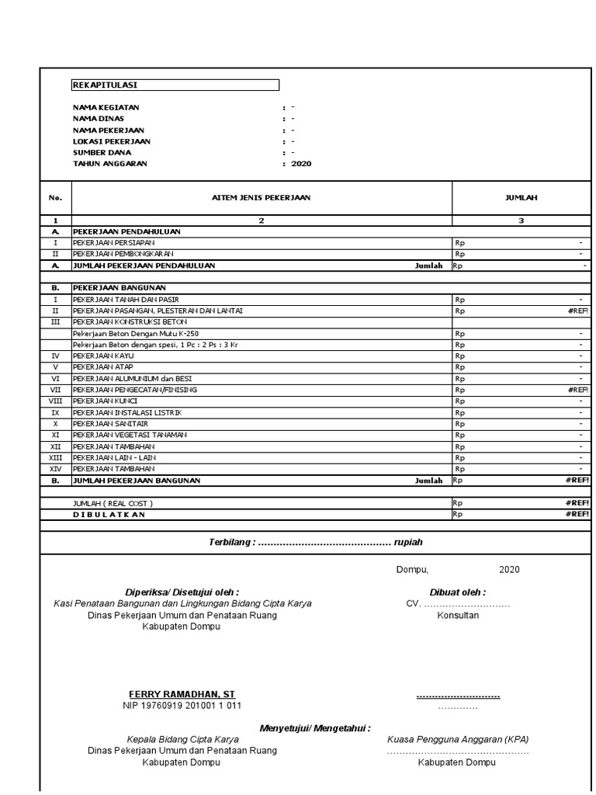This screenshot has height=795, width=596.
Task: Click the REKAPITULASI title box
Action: [x=175, y=85]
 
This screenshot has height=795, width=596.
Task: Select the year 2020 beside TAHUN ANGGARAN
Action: [x=301, y=164]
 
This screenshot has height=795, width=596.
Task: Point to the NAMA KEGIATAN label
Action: [x=106, y=107]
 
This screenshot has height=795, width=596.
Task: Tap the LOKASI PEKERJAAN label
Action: [x=112, y=141]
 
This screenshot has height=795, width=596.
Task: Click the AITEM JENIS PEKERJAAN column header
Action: [x=261, y=198]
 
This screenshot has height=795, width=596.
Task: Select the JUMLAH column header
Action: [x=521, y=198]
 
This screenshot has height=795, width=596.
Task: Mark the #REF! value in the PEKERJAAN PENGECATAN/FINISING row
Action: [x=577, y=390]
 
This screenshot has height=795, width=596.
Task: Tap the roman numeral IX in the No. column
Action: [x=55, y=412]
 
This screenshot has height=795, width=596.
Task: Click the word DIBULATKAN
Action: [x=109, y=514]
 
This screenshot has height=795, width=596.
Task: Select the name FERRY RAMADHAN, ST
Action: [x=182, y=694]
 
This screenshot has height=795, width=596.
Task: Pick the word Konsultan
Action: [x=458, y=615]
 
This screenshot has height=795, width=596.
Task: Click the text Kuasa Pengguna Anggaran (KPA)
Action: [x=458, y=739]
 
